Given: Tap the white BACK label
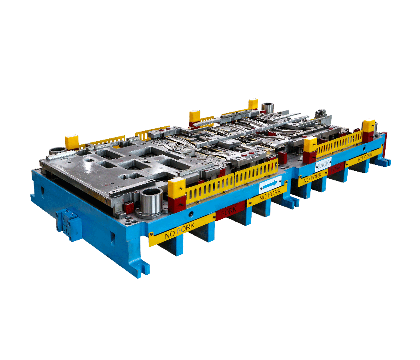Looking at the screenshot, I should point(323,164).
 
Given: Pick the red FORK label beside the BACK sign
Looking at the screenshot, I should point(335,169).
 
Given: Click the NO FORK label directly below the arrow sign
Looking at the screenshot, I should point(267,196).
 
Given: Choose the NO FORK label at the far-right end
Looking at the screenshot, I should point(364,158).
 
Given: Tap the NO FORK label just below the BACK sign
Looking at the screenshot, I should point(313,178).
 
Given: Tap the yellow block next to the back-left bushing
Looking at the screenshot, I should point(72,142).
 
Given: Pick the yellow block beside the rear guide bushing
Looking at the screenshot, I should point(253,104).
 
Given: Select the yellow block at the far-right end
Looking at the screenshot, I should point(368,126).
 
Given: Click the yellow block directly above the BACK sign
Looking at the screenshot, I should point(310,144).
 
